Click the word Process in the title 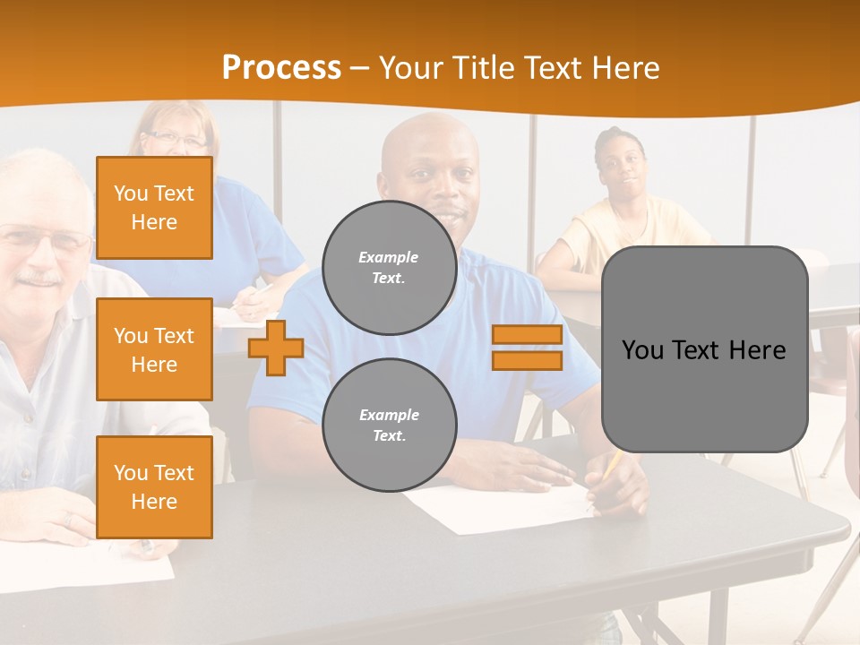point(281,68)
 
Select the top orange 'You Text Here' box point(154,208)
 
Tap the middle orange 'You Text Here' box point(154,349)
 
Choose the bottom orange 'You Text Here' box point(154,486)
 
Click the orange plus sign point(276,348)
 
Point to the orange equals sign point(527,348)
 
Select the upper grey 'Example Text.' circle point(389,268)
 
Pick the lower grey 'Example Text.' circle point(389,426)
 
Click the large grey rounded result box point(704,349)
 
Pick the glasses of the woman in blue point(175,139)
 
